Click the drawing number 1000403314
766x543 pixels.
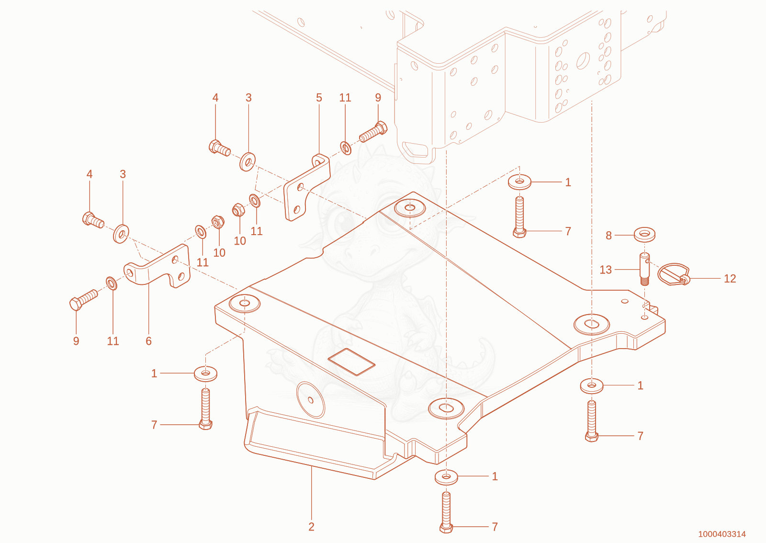click(722, 534)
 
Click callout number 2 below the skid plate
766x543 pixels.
click(311, 527)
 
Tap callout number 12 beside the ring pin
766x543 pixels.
click(730, 279)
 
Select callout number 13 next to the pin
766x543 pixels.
click(606, 270)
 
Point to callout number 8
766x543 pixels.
click(608, 235)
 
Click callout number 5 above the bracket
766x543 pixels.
click(319, 98)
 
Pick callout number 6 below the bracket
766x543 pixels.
click(148, 341)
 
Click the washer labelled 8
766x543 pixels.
click(644, 235)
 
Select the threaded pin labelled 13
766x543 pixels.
click(644, 269)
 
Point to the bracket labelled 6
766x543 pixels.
click(158, 267)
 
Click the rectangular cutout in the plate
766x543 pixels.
click(351, 362)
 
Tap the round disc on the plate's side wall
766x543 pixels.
click(311, 400)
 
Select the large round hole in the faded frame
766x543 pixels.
click(583, 61)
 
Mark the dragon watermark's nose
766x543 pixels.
click(361, 253)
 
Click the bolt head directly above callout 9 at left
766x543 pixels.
click(76, 304)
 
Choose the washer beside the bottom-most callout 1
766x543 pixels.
click(446, 477)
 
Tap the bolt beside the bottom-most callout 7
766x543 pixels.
click(446, 512)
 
